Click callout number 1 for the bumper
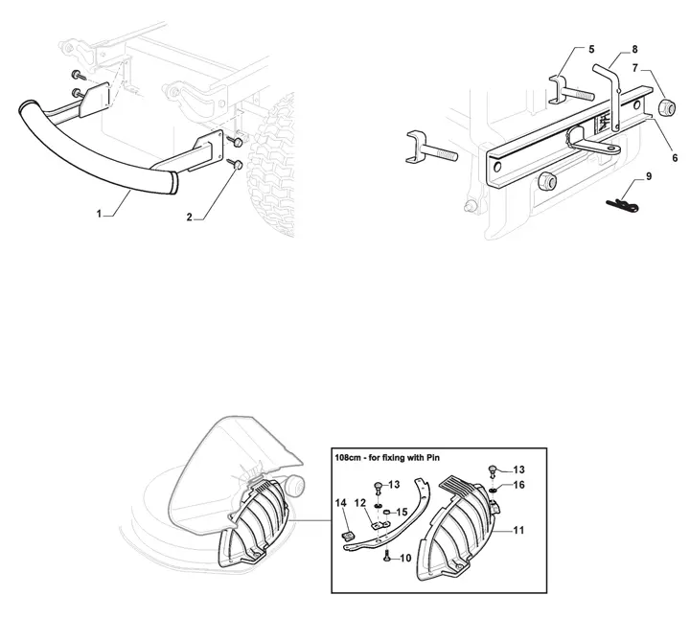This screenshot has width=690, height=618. [x=99, y=214]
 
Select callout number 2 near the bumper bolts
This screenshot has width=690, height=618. [x=189, y=217]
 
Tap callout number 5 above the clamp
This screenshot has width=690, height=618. [x=591, y=49]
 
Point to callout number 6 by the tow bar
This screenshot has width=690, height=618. [x=675, y=157]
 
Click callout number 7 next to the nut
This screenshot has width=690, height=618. [x=635, y=69]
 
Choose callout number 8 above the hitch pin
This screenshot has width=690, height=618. [x=634, y=49]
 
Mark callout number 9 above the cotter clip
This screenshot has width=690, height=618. [x=649, y=176]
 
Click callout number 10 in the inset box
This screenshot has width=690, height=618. [x=405, y=559]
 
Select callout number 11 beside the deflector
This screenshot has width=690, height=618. [x=518, y=531]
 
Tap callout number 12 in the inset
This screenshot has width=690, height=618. [x=360, y=503]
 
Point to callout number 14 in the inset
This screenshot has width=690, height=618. [x=341, y=503]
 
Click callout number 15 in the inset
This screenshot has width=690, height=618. [x=402, y=512]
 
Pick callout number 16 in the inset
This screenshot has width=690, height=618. [x=518, y=485]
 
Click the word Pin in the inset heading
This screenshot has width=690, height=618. [x=433, y=458]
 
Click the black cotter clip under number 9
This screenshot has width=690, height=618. [x=622, y=204]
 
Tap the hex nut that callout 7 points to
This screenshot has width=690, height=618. [x=666, y=107]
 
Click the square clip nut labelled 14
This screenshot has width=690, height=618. [x=348, y=536]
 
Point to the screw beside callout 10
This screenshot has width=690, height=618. [x=387, y=557]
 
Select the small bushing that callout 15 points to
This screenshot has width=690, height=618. [x=388, y=512]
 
